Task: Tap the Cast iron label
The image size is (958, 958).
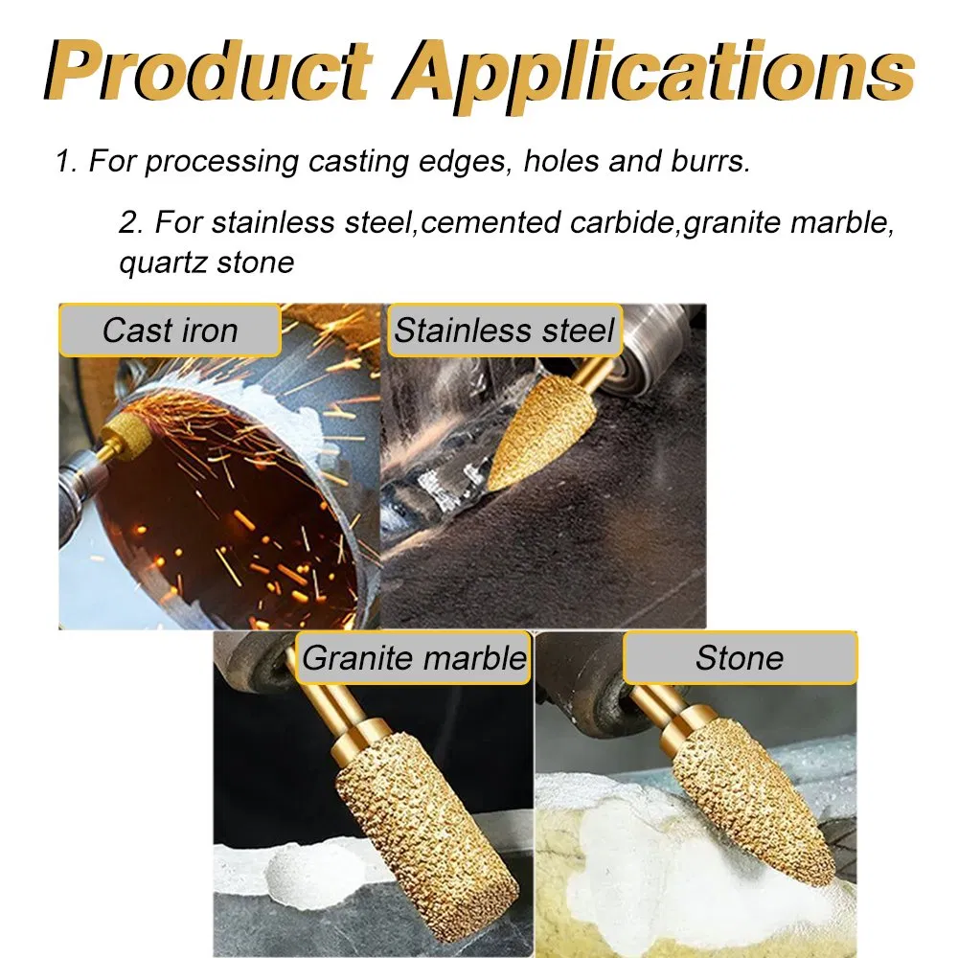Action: [170, 331]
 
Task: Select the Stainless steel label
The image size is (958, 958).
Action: [504, 331]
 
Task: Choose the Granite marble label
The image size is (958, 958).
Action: [414, 658]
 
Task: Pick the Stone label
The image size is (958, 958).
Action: [740, 658]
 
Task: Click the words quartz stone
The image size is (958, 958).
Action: [206, 262]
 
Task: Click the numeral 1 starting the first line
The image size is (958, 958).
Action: [63, 161]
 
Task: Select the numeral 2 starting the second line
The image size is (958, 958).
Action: [129, 222]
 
